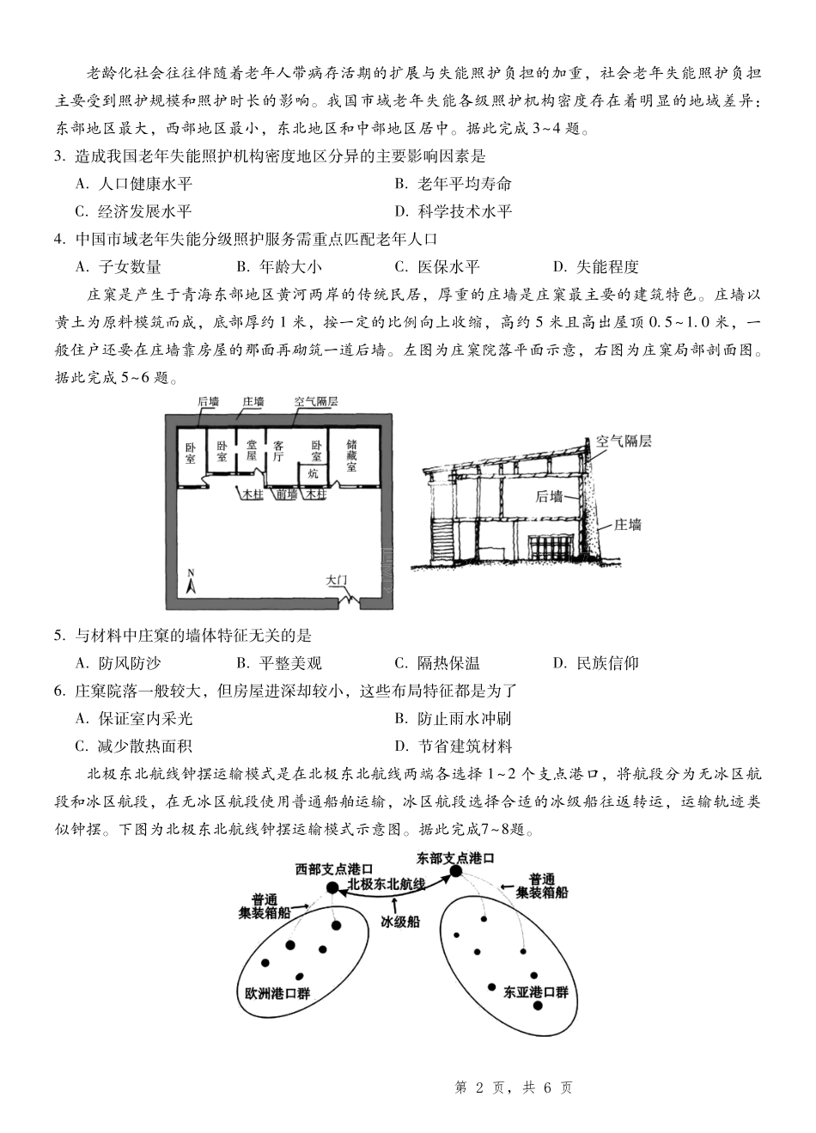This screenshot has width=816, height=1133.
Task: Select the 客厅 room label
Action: [278, 451]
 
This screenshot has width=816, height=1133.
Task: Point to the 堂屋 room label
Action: [252, 450]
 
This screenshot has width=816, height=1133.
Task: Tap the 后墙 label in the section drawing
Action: [550, 496]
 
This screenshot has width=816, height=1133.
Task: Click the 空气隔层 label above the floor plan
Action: [316, 401]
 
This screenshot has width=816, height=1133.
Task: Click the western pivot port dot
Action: [332, 886]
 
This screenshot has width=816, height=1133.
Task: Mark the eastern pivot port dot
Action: [456, 871]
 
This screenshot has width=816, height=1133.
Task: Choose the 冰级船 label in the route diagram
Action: [399, 921]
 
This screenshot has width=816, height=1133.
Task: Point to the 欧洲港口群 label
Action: [277, 992]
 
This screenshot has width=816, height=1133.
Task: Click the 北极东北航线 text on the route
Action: [387, 884]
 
